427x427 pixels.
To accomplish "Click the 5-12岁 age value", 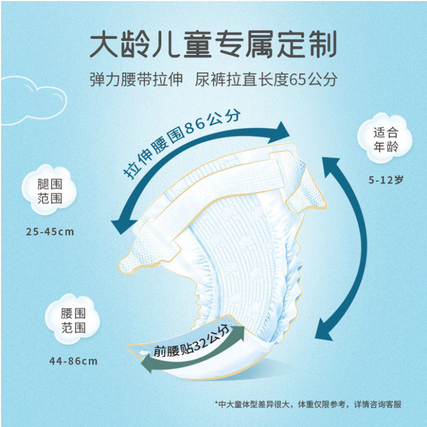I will click(x=385, y=180).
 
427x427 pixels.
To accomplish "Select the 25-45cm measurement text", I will click(x=50, y=232).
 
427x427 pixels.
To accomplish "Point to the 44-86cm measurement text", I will click(x=73, y=361).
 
